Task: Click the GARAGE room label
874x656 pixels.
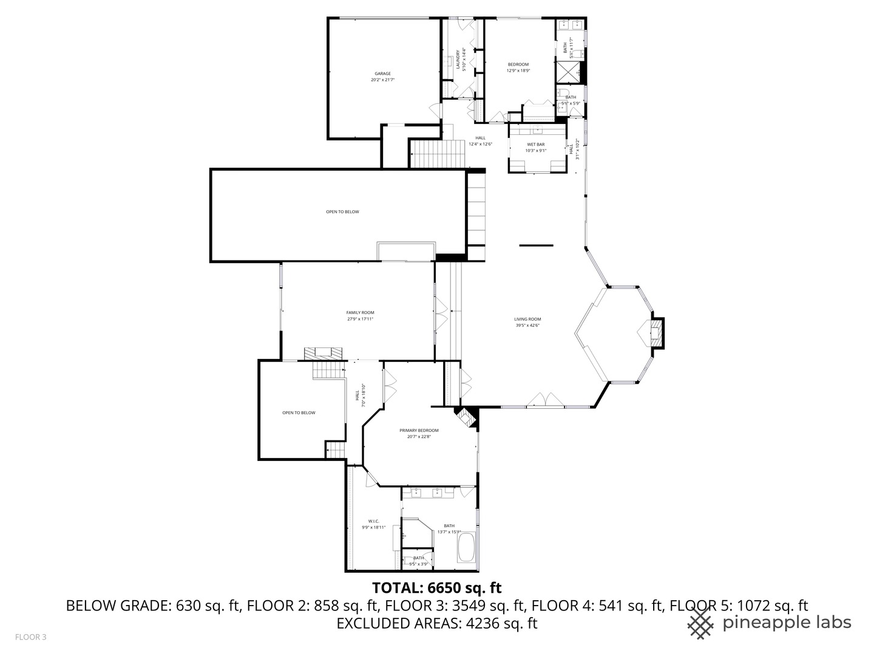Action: coord(382,73)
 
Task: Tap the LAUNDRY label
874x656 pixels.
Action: coord(459,59)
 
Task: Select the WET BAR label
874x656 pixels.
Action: coord(536,145)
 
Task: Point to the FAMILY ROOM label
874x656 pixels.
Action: coord(360,313)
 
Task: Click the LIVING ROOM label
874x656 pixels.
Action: coord(527,319)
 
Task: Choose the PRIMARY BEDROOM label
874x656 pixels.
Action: coord(419,431)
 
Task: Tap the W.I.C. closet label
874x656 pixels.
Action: coord(373,521)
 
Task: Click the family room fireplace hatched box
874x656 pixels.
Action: coord(323,352)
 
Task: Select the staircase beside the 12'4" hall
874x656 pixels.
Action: coord(438,153)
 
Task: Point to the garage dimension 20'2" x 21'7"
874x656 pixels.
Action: coord(383,80)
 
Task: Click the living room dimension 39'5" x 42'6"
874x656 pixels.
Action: coord(527,326)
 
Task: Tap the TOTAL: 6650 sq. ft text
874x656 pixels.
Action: coord(436,587)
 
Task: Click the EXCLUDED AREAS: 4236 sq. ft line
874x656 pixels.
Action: coord(437,623)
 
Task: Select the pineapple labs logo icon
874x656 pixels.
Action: coord(701,623)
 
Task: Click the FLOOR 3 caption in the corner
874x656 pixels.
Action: coord(30,637)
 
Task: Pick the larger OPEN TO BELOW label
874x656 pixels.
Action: coord(342,212)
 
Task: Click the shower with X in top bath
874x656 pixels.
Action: coord(569,73)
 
